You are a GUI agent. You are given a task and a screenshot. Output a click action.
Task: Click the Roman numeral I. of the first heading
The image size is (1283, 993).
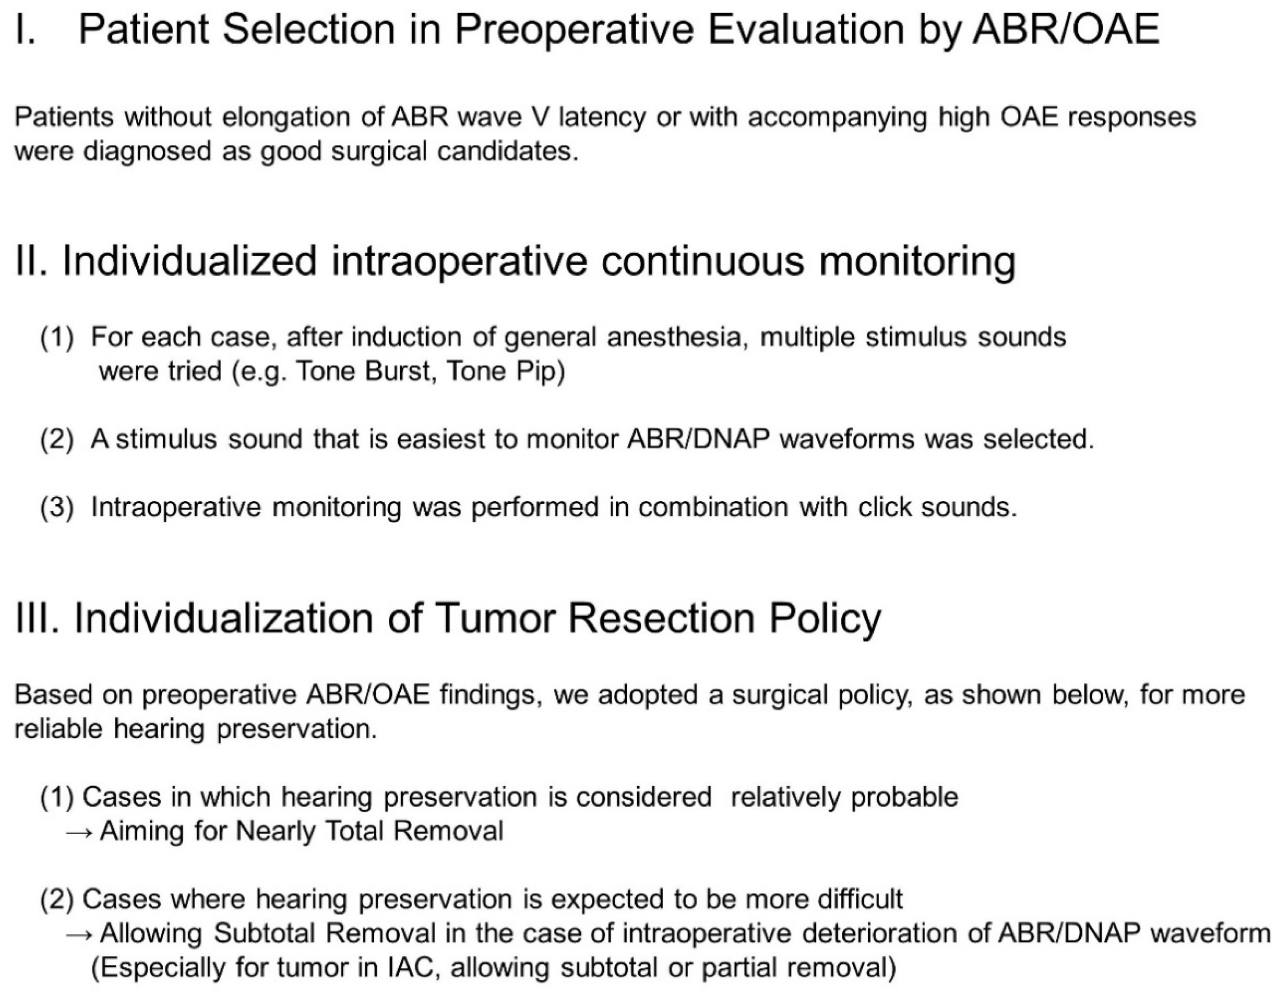coord(25,29)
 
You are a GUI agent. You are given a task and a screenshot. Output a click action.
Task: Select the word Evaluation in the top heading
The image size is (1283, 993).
coord(805,29)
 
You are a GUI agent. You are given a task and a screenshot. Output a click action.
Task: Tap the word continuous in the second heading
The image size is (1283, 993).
coord(702,261)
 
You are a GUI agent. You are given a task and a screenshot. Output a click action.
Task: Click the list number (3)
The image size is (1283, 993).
coord(57,507)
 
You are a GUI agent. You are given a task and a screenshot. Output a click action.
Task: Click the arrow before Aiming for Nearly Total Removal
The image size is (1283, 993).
coord(79,832)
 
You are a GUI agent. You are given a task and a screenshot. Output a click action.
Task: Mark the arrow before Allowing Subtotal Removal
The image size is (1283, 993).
coord(79,934)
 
